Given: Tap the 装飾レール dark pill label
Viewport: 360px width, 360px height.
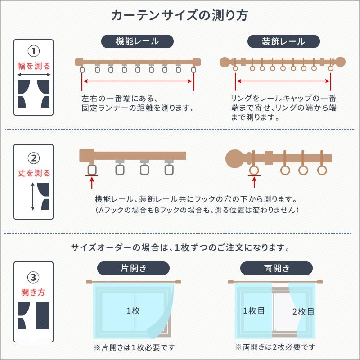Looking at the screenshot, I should [283, 41].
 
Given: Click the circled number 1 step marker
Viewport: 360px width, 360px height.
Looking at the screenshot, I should [34, 49].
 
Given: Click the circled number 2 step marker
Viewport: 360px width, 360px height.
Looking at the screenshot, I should [34, 158].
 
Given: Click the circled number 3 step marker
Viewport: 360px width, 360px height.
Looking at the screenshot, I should [34, 276].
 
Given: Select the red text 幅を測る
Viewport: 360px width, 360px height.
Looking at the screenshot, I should [34, 66].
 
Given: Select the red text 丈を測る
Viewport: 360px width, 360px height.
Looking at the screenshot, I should [34, 173].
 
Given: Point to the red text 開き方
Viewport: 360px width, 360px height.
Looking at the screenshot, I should [34, 292].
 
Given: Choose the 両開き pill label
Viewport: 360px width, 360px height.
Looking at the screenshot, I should [277, 269].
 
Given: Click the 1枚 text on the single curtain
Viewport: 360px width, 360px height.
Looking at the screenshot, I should [133, 310].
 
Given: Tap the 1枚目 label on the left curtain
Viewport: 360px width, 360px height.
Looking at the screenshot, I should [254, 310].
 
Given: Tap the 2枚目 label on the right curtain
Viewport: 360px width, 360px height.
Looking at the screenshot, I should [303, 311].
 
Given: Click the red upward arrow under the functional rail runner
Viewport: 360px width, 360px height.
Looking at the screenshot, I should [92, 182].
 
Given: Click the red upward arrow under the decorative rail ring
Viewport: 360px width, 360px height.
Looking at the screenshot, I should [254, 182].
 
